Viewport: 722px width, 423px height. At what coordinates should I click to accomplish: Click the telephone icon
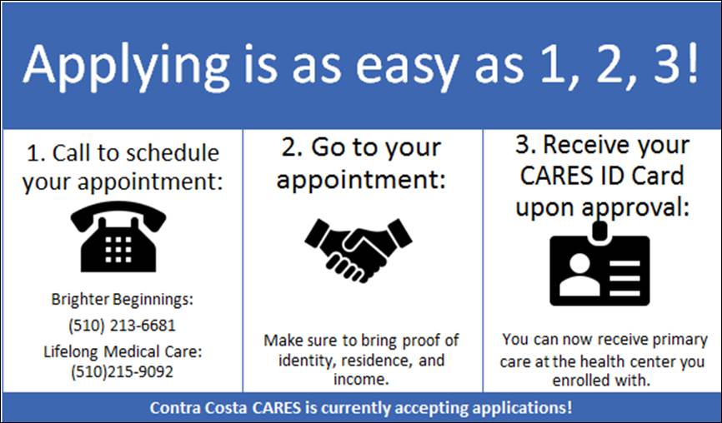pyautogui.click(x=118, y=236)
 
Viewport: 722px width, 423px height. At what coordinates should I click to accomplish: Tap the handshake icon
pyautogui.click(x=358, y=251)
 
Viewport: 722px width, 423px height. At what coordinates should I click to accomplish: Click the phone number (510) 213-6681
pyautogui.click(x=122, y=326)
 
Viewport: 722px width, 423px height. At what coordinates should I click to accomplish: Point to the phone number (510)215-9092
pyautogui.click(x=122, y=371)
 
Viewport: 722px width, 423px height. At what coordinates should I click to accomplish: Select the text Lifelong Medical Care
pyautogui.click(x=121, y=351)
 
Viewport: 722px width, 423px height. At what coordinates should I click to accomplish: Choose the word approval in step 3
pyautogui.click(x=635, y=208)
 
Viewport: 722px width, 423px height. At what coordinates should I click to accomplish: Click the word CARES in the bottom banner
pyautogui.click(x=277, y=407)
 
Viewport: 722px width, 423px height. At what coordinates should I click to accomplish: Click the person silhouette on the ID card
pyautogui.click(x=579, y=275)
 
